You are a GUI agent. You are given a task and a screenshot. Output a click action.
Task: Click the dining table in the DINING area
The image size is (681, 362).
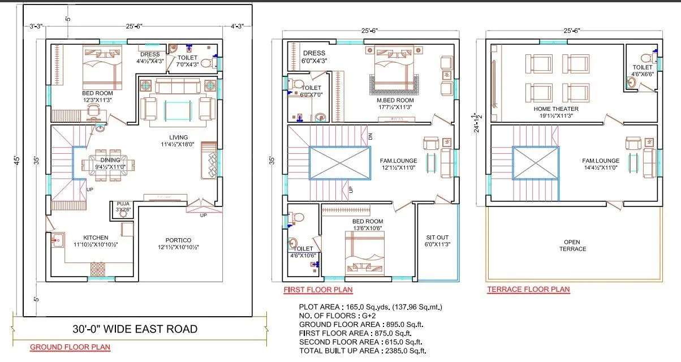pos(109,165)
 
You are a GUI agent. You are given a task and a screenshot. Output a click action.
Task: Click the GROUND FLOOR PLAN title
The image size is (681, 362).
pos(70,347)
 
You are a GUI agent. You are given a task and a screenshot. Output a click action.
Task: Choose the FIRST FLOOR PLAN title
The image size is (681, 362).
pos(318,290)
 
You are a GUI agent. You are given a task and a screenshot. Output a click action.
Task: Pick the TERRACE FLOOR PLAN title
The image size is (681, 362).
pos(528,290)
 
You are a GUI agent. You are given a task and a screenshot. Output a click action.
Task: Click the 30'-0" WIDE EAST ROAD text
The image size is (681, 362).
pos(135,329)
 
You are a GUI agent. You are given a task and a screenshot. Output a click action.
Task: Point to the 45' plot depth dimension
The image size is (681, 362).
pos(15,160)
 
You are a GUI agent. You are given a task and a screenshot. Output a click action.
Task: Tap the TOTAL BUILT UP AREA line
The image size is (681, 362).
pos(363,351)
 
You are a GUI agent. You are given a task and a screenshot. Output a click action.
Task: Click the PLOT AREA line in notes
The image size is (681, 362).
pos(370,307)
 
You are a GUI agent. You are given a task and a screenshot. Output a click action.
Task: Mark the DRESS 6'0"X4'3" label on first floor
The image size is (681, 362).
pos(314,57)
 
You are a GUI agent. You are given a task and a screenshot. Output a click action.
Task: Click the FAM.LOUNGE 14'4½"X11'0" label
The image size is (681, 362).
pos(601,164)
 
